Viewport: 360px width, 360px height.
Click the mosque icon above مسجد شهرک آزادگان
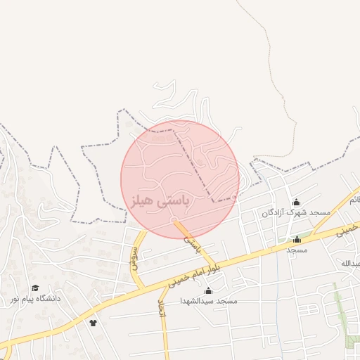click(x=296, y=202)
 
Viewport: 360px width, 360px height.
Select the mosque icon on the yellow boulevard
click(x=297, y=239)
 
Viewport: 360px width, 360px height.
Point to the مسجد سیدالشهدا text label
click(x=208, y=301)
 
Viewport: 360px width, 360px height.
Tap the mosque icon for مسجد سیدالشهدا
click(x=207, y=291)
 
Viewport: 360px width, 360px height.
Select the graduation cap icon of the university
click(x=35, y=288)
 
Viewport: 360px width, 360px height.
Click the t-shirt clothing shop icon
click(x=93, y=323)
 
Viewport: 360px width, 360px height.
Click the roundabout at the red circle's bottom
click(x=174, y=221)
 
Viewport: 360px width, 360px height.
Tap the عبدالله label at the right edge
click(x=351, y=264)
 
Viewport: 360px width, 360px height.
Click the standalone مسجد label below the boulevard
click(x=297, y=250)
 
